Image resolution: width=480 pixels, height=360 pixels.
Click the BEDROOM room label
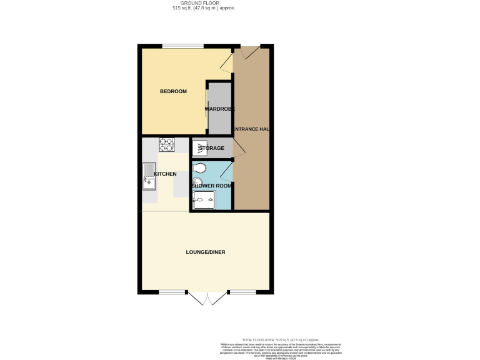click(x=173, y=92)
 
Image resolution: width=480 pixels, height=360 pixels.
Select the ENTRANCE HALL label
click(x=251, y=129)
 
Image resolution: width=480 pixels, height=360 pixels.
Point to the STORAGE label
click(x=211, y=148)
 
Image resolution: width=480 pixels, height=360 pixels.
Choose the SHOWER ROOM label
click(x=212, y=186)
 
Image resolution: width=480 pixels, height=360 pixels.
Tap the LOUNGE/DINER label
click(x=206, y=252)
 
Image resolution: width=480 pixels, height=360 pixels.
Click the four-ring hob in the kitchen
click(x=166, y=145)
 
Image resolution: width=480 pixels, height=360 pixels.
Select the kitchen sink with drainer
click(x=149, y=176)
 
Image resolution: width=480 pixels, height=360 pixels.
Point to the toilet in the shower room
click(x=199, y=167)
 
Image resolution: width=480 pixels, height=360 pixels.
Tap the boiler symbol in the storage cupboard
click(x=199, y=148)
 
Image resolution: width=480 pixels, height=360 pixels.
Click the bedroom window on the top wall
click(x=182, y=46)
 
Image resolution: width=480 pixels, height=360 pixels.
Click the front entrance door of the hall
click(x=251, y=52)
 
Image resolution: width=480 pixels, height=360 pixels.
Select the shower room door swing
click(x=226, y=169)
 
